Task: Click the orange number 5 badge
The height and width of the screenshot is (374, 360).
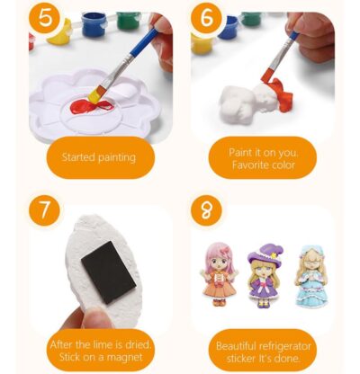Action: [45, 18]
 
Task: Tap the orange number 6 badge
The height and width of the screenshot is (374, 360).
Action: [207, 18]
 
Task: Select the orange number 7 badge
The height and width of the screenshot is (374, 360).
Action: [44, 210]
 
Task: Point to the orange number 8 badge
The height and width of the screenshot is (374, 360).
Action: [206, 210]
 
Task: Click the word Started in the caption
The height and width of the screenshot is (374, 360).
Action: [78, 157]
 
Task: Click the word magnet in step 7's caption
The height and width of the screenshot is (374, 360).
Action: [125, 357]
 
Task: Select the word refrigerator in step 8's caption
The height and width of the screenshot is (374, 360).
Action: [284, 346]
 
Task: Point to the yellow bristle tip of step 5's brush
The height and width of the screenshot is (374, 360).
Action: [95, 94]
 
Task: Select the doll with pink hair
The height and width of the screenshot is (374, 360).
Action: [219, 274]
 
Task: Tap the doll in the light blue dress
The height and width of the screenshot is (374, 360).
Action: [307, 276]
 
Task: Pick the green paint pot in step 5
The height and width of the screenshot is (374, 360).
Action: [128, 20]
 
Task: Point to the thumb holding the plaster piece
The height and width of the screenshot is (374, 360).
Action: [95, 318]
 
